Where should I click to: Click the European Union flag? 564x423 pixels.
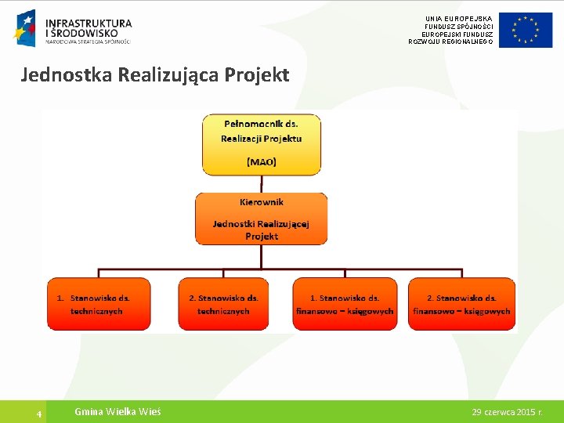tap(526, 31)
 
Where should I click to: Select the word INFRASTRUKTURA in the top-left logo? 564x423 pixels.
tap(89, 23)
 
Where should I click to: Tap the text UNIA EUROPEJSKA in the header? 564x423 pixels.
tap(459, 18)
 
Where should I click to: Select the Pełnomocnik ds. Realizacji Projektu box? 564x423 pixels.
tap(261, 145)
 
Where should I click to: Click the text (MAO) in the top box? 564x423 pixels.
tap(261, 162)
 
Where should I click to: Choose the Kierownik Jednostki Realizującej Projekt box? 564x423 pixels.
tap(261, 219)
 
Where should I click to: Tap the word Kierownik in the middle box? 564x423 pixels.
tap(261, 202)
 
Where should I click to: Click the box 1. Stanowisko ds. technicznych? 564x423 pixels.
tap(98, 304)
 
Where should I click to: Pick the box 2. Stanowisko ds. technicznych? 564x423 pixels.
tap(223, 304)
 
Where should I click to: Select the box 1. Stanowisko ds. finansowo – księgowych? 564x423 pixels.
tap(345, 304)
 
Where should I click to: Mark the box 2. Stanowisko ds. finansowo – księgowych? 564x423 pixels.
tap(461, 304)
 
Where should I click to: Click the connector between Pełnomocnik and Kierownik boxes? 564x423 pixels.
tap(261, 183)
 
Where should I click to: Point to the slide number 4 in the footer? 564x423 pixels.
tap(38, 413)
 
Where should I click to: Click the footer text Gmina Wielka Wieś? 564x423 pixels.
tap(117, 412)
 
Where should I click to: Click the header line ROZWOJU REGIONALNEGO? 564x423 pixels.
tap(450, 42)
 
